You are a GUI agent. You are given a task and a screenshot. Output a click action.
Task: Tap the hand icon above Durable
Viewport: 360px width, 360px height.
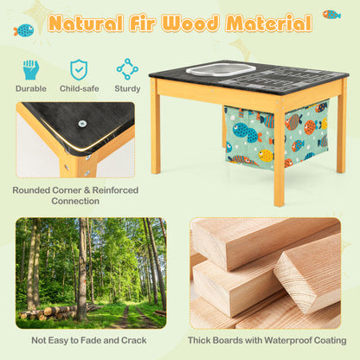coord(30,69)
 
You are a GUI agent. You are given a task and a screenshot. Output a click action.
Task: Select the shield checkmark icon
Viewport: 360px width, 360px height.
coord(79,69)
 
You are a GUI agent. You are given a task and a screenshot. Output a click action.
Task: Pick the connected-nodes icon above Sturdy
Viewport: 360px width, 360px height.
coord(127,69)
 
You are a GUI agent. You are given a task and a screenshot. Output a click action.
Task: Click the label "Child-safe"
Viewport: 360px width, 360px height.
coord(80,88)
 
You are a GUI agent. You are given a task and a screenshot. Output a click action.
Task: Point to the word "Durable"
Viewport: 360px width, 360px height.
coord(31,88)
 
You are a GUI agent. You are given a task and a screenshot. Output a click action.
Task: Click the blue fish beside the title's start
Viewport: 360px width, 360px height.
coord(24,30)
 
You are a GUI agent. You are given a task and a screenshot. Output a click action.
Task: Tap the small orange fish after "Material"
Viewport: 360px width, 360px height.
coord(331,14)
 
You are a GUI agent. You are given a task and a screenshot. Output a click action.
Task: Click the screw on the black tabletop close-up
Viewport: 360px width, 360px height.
coord(82,124)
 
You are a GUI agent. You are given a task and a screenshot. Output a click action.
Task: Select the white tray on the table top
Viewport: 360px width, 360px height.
coord(221,68)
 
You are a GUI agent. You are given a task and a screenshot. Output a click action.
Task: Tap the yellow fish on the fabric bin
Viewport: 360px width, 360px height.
coord(266,155)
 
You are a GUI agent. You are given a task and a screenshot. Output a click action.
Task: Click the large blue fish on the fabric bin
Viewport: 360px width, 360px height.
coord(246,132)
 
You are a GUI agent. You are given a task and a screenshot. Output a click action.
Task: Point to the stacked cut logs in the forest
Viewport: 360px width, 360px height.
coord(55,312)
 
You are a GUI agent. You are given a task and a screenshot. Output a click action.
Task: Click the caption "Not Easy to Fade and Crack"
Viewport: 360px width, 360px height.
coord(89,340)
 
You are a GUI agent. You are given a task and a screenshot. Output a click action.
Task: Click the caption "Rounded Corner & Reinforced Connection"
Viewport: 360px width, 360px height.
coord(75,196)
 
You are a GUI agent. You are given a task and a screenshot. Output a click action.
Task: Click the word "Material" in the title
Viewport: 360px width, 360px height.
coord(269,22)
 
